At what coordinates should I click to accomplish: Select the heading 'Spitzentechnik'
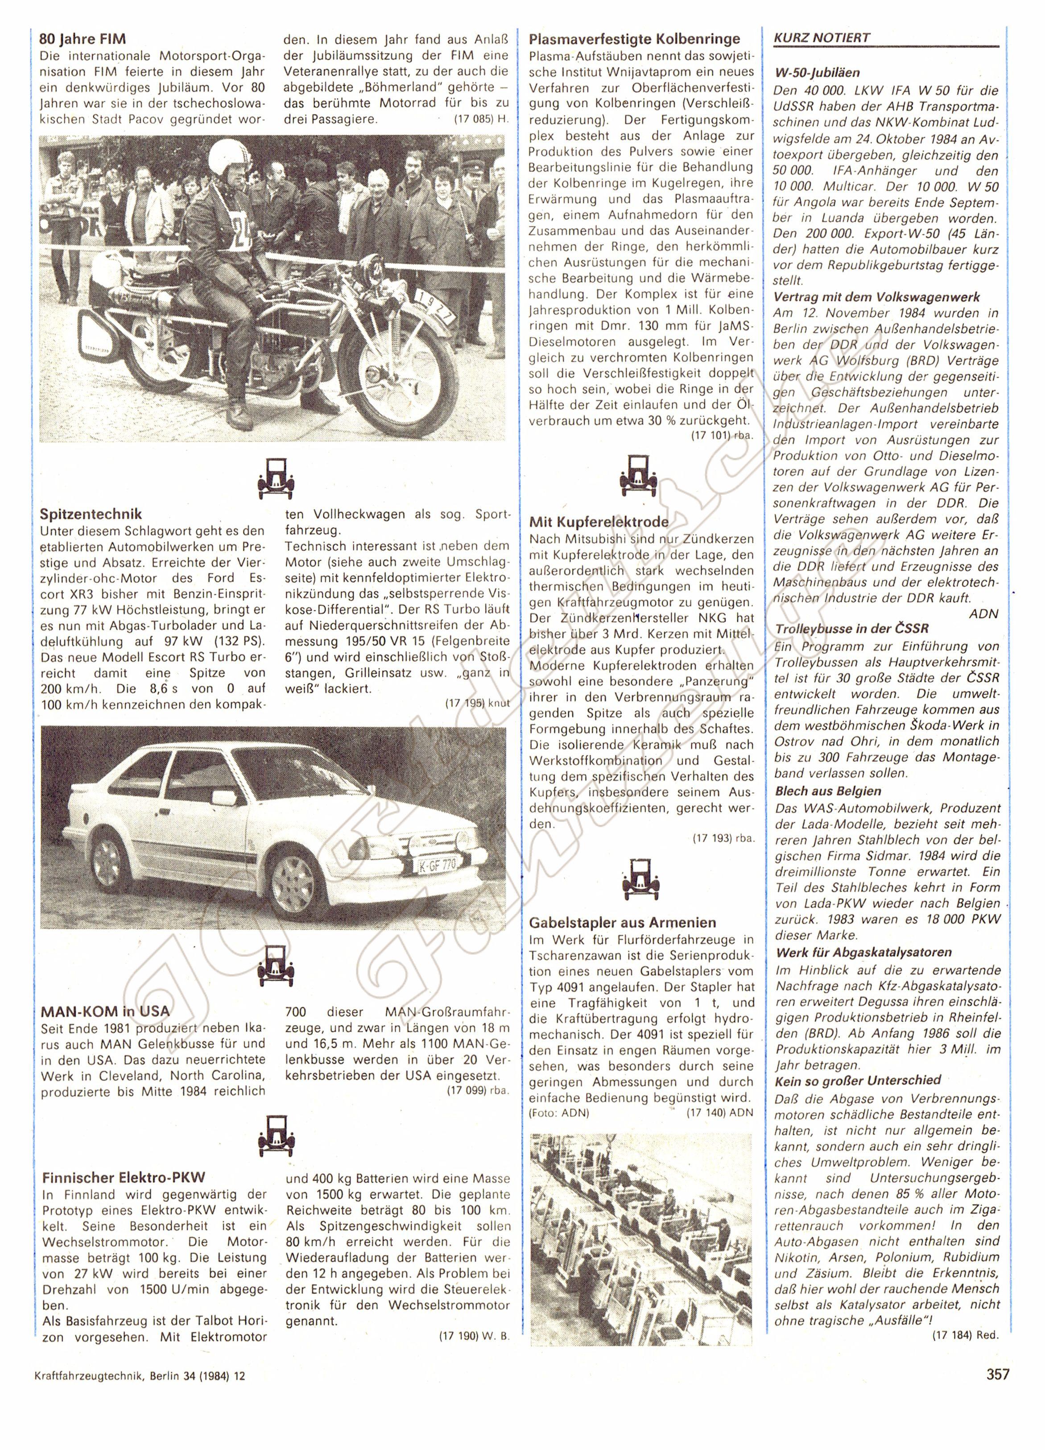[91, 514]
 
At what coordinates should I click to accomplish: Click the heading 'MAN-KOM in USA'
[105, 1011]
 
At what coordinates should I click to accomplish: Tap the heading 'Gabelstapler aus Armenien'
[623, 923]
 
